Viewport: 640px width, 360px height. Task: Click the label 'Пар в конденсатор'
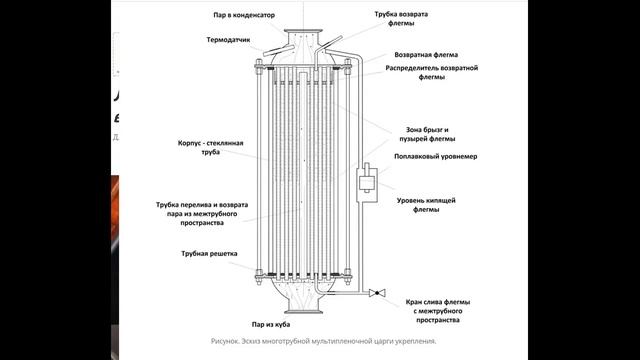pos(244,15)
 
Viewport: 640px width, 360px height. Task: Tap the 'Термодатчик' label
pos(228,40)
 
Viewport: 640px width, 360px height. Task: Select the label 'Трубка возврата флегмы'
pos(401,19)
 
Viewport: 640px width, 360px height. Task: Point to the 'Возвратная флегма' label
pos(426,55)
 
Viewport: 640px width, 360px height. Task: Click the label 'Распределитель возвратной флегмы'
pos(432,72)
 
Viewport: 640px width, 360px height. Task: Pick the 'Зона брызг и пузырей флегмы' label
pos(427,134)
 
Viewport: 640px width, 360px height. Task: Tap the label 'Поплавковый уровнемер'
pos(436,156)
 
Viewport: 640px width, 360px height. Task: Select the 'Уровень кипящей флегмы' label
pos(426,205)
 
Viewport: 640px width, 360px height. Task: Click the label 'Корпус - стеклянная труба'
pos(211,147)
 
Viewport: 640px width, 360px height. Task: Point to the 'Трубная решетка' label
pos(209,253)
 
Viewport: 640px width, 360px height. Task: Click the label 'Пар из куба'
pos(271,324)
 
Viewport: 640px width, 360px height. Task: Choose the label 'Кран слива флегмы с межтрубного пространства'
pos(438,311)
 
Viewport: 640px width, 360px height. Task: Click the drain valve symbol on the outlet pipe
pos(377,293)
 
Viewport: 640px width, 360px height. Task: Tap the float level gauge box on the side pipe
pos(367,182)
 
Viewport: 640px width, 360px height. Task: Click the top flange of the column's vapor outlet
pos(303,31)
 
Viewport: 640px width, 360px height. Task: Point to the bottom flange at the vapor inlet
pos(303,312)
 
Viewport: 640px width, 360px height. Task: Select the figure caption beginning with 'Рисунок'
pos(323,341)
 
